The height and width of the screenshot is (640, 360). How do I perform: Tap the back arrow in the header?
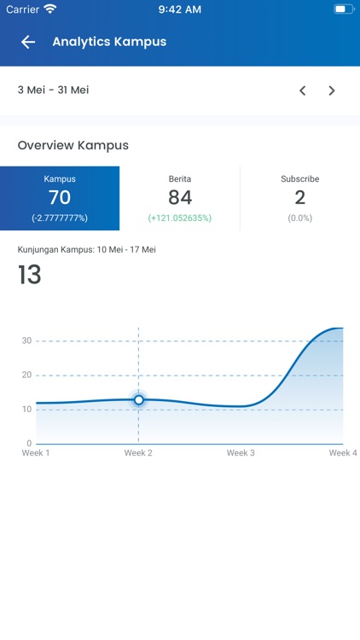[x=28, y=42]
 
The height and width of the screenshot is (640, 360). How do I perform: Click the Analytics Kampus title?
[x=109, y=42]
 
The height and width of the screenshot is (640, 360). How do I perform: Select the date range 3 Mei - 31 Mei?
[x=53, y=90]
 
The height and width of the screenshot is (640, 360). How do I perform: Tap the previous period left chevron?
[x=302, y=90]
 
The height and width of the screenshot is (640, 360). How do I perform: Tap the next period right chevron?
[x=332, y=90]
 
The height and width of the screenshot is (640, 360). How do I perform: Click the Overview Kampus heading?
[x=73, y=145]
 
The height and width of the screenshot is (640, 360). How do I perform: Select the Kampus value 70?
[x=60, y=198]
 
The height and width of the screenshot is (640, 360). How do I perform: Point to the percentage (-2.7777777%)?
[x=60, y=218]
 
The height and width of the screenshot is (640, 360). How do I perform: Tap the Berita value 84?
[x=180, y=198]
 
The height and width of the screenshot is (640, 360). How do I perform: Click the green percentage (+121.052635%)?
[x=180, y=218]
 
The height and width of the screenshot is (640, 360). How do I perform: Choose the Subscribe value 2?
[x=300, y=198]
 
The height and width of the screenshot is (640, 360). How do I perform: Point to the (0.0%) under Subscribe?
[x=300, y=218]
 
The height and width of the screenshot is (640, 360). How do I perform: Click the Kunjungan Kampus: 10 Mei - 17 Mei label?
[x=87, y=250]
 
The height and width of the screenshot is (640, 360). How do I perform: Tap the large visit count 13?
[x=30, y=275]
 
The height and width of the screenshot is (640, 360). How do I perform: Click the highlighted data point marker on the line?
[x=138, y=399]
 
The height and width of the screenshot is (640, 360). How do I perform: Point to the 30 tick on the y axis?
[x=26, y=340]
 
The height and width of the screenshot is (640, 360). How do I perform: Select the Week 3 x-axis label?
[x=241, y=453]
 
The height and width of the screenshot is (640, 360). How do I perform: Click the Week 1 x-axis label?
[x=36, y=453]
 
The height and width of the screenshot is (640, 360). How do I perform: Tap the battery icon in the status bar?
[x=342, y=9]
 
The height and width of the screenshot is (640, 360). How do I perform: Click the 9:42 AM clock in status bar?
[x=180, y=9]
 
